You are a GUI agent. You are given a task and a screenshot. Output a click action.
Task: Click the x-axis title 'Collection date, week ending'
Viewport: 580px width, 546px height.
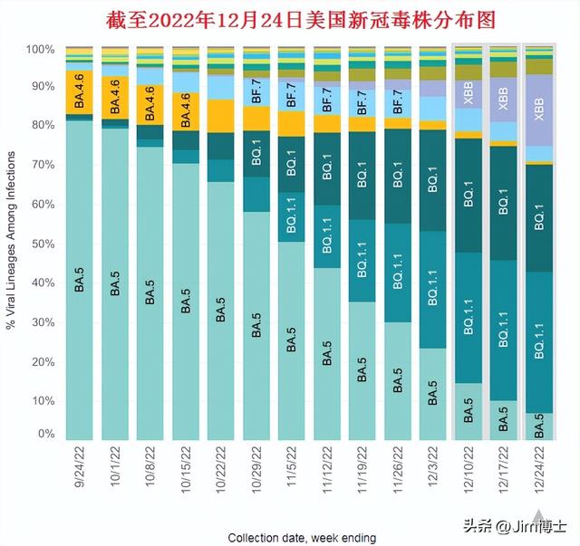coord(302,537)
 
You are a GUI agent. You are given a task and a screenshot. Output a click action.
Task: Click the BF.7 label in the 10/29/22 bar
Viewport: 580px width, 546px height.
coord(256,91)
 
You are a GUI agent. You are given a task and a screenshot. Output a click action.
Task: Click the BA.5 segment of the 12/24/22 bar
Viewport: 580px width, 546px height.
coord(540,426)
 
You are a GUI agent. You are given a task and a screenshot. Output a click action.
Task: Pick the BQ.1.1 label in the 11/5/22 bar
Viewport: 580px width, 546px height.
coord(292,221)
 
